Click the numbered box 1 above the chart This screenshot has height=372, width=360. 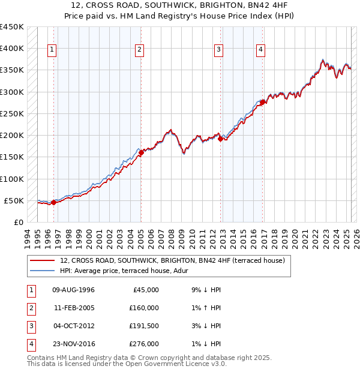(52, 50)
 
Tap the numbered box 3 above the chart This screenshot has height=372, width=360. (219, 50)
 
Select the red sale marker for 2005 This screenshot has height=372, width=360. (141, 152)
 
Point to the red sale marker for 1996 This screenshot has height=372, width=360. (53, 202)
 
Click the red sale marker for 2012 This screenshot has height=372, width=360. (220, 139)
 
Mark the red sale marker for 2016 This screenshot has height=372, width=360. (262, 102)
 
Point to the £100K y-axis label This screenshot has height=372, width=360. (12, 179)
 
